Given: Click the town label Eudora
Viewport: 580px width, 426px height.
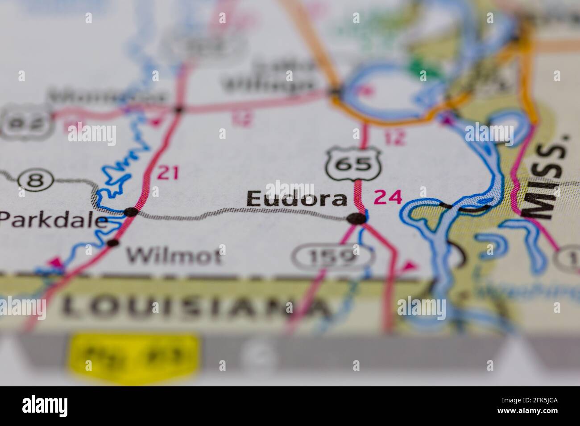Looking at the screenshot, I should (296, 199).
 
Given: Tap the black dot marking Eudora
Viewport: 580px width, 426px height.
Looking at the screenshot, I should (356, 218).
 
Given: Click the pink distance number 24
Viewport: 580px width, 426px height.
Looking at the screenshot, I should (388, 197).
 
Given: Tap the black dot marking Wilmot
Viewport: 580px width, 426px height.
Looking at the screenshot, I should (113, 243).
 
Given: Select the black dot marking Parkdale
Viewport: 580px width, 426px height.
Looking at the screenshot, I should (130, 212).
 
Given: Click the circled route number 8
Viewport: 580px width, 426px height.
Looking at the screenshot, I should (36, 181).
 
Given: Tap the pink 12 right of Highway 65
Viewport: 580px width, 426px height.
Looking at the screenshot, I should (395, 138).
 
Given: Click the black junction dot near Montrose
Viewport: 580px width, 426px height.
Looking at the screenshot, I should (178, 109).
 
